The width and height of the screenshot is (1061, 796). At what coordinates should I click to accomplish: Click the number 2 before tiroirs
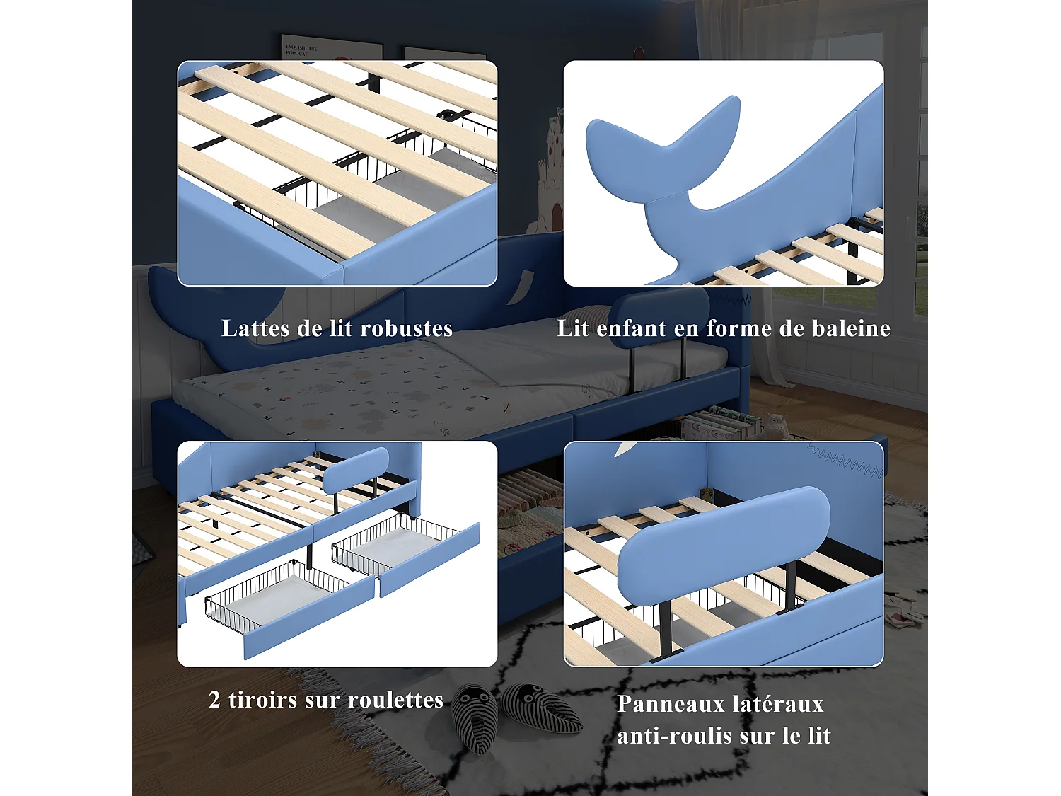(x=214, y=700)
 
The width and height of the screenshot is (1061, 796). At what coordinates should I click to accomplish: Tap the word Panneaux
(x=671, y=704)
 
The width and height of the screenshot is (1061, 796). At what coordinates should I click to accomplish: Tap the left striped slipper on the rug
(x=475, y=716)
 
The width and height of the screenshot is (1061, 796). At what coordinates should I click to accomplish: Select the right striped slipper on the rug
(x=540, y=708)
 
